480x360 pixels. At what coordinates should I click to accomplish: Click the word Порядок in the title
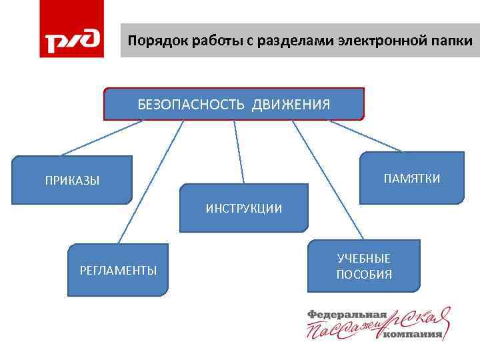151,41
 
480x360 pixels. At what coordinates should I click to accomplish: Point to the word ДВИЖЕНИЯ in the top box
291,105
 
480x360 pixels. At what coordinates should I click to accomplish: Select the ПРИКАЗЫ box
73,180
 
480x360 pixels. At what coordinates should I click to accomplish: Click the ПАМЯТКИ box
411,178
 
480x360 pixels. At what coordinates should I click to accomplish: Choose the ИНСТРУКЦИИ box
243,208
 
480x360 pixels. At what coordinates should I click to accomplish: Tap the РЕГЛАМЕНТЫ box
118,270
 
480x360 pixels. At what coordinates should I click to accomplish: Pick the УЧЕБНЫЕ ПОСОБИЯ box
364,266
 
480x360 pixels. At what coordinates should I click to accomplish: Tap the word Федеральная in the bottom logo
347,314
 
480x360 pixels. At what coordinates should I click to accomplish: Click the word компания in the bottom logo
413,334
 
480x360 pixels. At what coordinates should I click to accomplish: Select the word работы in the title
209,41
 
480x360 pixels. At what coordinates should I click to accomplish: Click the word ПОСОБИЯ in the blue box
364,275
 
